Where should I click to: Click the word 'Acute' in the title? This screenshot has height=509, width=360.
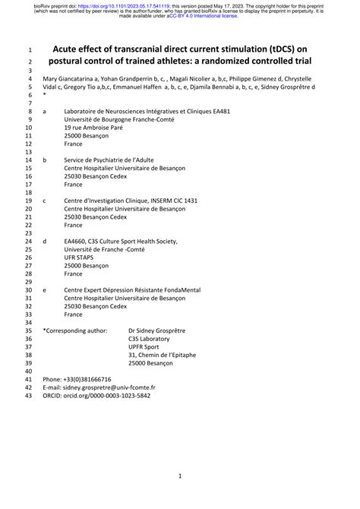[69, 48]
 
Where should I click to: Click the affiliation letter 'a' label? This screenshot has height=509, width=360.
[45, 111]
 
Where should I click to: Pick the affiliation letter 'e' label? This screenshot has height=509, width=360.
[45, 289]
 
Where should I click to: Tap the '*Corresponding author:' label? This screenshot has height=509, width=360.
[75, 330]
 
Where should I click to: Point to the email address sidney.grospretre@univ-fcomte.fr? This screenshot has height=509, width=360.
[109, 387]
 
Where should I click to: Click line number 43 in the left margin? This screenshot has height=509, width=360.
[29, 396]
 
